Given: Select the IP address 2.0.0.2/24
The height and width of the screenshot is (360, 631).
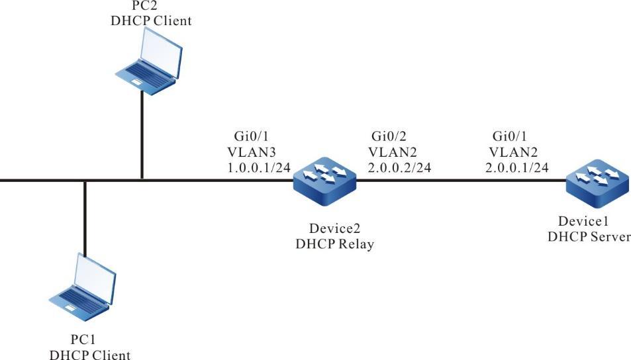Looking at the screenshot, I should (400, 167).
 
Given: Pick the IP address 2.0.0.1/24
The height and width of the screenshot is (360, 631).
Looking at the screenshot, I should (518, 167).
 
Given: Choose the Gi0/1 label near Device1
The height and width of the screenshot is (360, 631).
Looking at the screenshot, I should (509, 136).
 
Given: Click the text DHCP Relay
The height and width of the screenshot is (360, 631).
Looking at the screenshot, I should (325, 244).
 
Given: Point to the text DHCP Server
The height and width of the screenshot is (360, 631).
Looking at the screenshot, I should (589, 237).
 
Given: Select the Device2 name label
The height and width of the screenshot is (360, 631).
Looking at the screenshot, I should (325, 229).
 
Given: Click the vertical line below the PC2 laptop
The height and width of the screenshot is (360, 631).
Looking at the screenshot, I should (142, 132).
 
